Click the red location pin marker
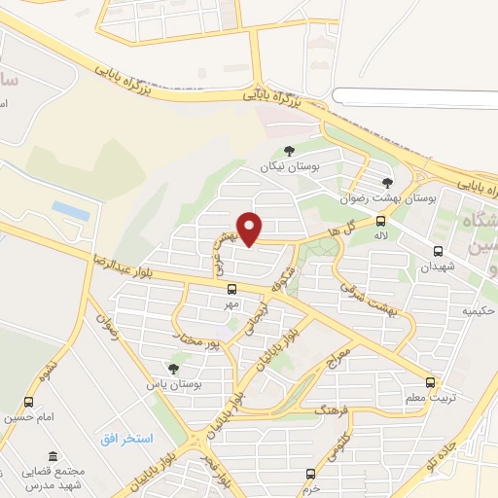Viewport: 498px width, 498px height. [x=251, y=228]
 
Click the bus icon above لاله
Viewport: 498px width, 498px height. [x=379, y=221]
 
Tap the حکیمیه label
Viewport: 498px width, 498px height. [x=479, y=311]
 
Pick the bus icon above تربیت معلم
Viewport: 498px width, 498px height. [x=430, y=382]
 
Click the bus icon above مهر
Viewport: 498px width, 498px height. [x=231, y=289]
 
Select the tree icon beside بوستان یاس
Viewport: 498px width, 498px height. [x=173, y=369]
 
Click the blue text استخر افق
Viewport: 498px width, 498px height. [x=126, y=439]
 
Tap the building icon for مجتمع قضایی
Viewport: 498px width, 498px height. [x=53, y=457]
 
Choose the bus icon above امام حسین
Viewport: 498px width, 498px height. [x=29, y=402]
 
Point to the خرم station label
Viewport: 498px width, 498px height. [x=310, y=489]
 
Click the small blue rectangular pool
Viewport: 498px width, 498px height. [x=71, y=210]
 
